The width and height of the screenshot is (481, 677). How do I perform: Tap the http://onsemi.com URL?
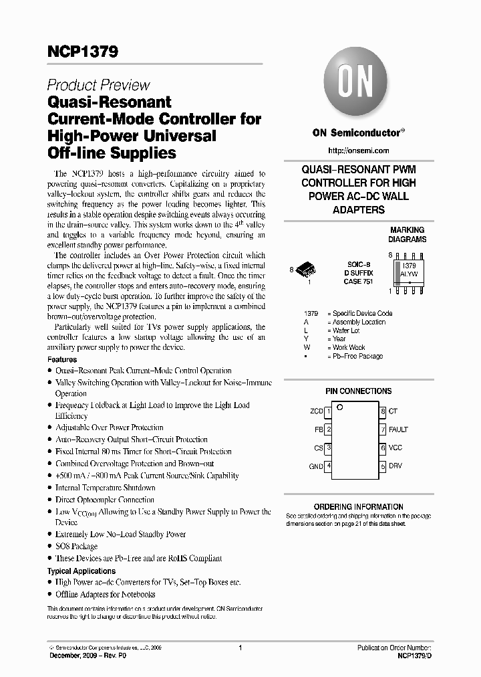359,151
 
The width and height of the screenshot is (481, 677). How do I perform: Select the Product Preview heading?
98,85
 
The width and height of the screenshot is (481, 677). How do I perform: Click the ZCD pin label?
317,411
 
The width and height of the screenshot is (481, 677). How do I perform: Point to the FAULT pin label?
398,429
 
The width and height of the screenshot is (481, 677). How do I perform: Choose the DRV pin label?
395,466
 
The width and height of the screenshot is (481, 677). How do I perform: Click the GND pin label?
316,466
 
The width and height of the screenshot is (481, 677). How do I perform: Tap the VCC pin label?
395,448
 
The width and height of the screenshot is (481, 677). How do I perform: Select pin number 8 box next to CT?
383,411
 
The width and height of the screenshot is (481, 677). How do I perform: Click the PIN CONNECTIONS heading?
358,391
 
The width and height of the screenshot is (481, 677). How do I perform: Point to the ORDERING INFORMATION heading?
359,507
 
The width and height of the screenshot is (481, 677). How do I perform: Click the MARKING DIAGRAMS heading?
407,234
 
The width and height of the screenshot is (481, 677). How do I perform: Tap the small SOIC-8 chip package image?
307,270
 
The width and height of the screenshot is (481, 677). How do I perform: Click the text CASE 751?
359,282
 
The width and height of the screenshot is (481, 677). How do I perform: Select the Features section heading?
62,359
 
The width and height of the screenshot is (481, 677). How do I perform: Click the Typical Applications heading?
82,571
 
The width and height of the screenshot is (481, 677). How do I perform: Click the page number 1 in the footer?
240,648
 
